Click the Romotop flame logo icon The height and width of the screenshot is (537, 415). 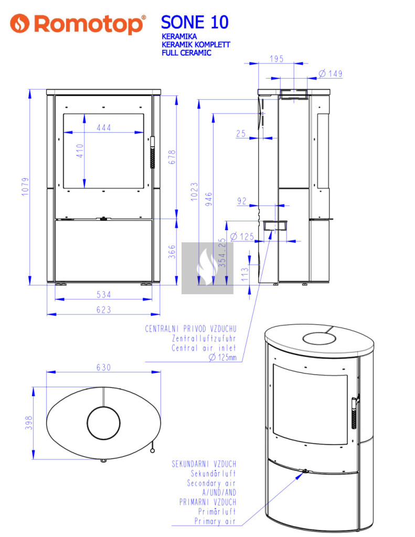point(19,23)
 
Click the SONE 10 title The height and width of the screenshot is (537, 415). point(195,22)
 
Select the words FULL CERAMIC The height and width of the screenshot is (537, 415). point(186,53)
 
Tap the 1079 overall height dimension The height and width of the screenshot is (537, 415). point(25,187)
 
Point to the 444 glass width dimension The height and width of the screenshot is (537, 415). point(104,128)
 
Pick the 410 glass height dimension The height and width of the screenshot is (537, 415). point(80,151)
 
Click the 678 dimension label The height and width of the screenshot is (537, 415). point(172,157)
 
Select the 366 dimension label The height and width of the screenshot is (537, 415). point(172,252)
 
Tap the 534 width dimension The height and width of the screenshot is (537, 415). point(103,295)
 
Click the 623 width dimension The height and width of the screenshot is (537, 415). point(103,309)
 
